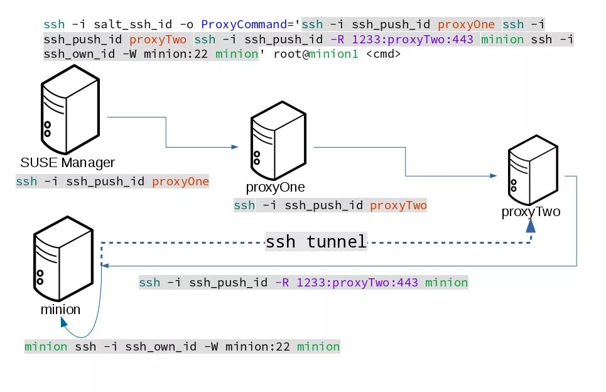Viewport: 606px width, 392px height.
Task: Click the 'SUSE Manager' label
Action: tap(68, 163)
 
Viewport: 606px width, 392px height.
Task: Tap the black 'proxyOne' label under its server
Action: tap(276, 187)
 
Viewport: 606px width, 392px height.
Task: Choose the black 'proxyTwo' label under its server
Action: tap(531, 212)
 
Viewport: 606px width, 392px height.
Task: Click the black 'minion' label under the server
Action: tap(60, 310)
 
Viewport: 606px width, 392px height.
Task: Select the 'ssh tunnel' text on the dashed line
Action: tap(316, 242)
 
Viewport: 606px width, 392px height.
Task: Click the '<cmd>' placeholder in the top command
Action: tap(382, 54)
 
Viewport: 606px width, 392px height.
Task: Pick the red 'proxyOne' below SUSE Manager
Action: tap(180, 182)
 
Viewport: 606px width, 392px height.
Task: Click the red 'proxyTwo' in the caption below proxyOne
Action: tap(398, 205)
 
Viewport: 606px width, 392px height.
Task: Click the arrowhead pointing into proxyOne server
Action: tap(235, 147)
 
